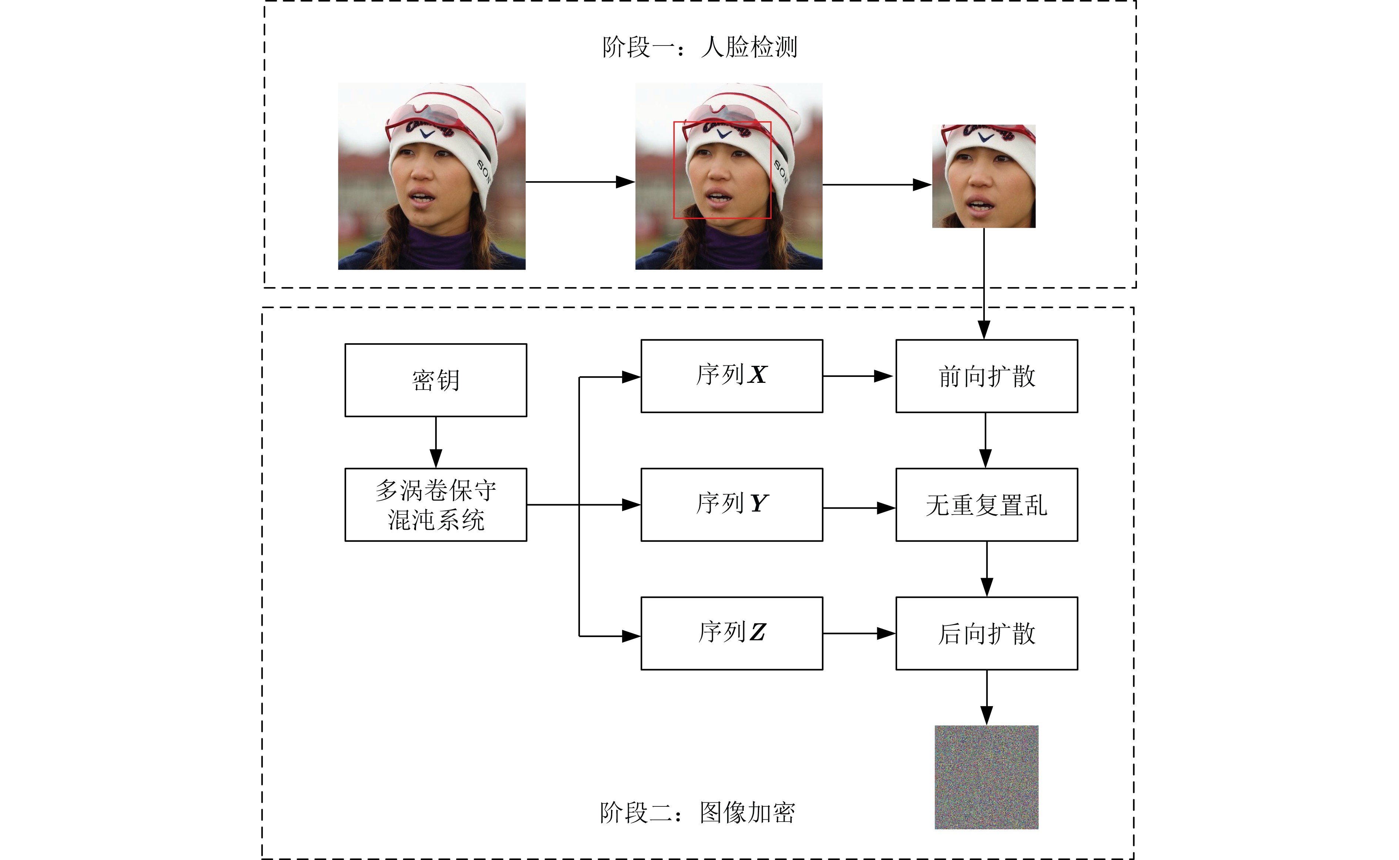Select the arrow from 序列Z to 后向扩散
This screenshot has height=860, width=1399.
pos(859,633)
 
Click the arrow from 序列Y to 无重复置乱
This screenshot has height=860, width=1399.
pos(859,508)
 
